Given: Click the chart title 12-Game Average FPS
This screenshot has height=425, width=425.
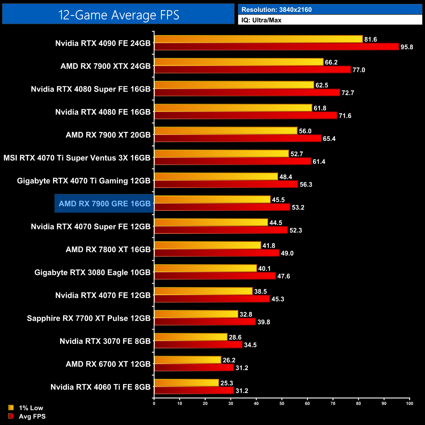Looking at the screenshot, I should pyautogui.click(x=118, y=15).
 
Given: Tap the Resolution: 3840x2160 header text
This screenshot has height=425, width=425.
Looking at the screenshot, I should pyautogui.click(x=277, y=10).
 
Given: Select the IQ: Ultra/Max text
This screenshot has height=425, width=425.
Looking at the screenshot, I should pyautogui.click(x=261, y=20).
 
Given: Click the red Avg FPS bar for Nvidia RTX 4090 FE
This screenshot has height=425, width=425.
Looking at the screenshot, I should pyautogui.click(x=276, y=47).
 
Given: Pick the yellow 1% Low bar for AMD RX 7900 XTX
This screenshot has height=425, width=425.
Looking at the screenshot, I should pyautogui.click(x=239, y=62).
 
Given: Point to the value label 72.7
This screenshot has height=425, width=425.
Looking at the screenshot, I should pyautogui.click(x=348, y=93).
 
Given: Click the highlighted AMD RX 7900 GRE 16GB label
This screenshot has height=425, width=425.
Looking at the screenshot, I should pyautogui.click(x=105, y=204).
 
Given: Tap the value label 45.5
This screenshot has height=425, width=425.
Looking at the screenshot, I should pyautogui.click(x=278, y=200).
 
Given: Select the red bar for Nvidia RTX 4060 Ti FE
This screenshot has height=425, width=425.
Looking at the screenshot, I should pyautogui.click(x=194, y=390).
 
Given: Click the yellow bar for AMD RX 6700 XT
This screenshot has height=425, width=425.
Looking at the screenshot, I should pyautogui.click(x=188, y=360).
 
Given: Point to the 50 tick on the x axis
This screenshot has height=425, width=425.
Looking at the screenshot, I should pyautogui.click(x=282, y=403).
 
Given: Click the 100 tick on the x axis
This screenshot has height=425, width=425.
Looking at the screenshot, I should pyautogui.click(x=409, y=403).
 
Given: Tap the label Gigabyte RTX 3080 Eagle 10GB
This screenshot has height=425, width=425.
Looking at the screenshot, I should pyautogui.click(x=93, y=272).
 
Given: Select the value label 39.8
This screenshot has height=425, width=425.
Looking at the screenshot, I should pyautogui.click(x=263, y=322).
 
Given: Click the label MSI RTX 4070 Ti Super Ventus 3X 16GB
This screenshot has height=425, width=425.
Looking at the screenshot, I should pyautogui.click(x=77, y=158).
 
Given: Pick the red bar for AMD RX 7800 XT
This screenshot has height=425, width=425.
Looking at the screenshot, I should pyautogui.click(x=217, y=253).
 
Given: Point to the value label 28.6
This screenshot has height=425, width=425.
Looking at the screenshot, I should pyautogui.click(x=235, y=337).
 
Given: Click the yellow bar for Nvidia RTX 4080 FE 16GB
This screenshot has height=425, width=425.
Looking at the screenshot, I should pyautogui.click(x=233, y=108).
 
